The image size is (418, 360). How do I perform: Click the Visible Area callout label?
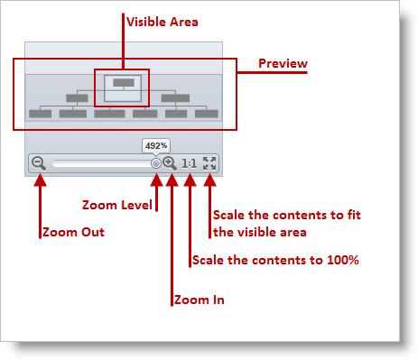[163, 21]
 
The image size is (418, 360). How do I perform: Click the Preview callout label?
[283, 63]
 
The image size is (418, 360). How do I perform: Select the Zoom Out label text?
[73, 232]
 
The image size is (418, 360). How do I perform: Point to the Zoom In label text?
[198, 300]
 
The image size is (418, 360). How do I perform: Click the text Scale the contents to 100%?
[275, 261]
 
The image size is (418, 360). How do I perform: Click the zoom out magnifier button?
[38, 163]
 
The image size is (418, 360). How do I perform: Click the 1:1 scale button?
[190, 163]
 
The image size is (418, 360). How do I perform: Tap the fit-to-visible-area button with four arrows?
[209, 163]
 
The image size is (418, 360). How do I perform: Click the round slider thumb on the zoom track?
[156, 164]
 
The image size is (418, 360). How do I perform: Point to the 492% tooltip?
[155, 144]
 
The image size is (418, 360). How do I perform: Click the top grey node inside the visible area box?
[124, 82]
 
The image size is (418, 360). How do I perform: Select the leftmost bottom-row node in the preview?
[40, 114]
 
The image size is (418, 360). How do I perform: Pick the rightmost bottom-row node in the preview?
[207, 114]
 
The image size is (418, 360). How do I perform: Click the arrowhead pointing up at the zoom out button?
[38, 180]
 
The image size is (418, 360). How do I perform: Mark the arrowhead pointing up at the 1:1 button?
[190, 180]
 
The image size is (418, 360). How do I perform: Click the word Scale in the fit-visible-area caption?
[228, 215]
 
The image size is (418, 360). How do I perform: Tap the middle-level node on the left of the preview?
[77, 97]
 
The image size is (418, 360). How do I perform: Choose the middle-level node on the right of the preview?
[173, 97]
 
